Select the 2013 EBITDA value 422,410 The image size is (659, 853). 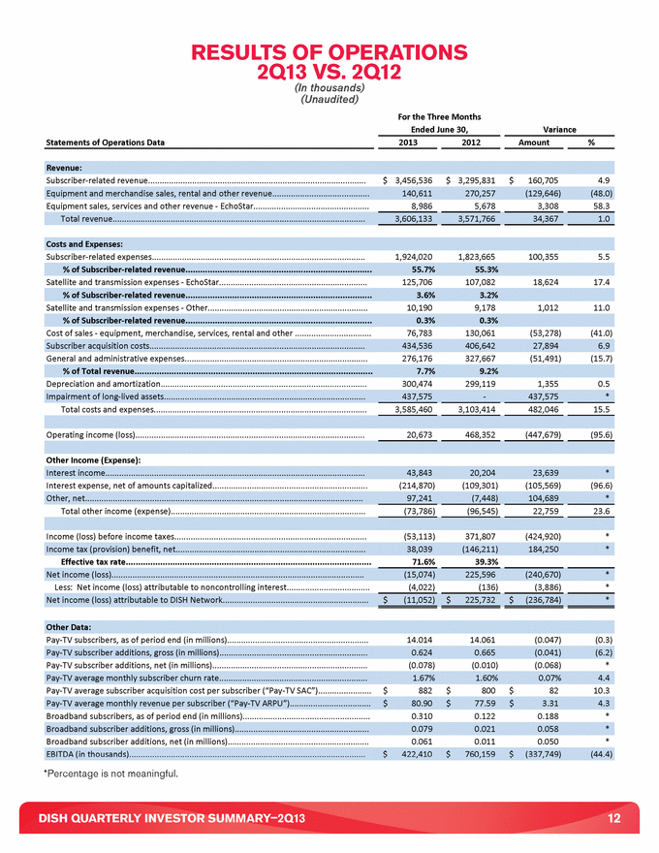point(408,753)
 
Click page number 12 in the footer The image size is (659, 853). point(613,819)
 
